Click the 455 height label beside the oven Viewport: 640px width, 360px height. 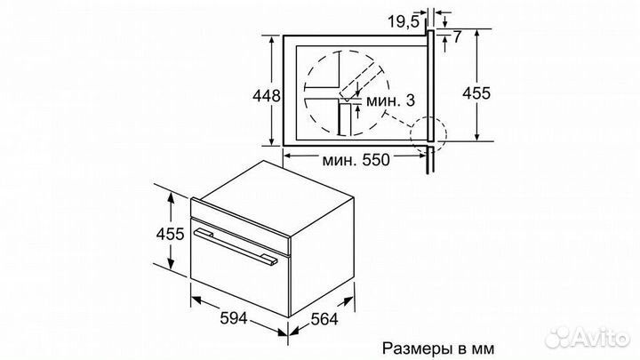pyautogui.click(x=169, y=234)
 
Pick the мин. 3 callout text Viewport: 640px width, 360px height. pyautogui.click(x=390, y=100)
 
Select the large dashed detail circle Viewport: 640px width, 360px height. pyautogui.click(x=343, y=89)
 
